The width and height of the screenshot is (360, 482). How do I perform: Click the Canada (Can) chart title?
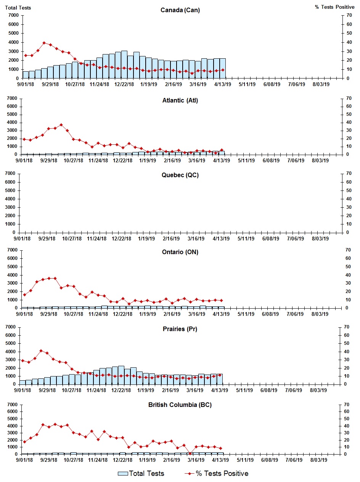[180, 10]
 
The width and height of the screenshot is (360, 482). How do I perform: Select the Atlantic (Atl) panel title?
[180, 101]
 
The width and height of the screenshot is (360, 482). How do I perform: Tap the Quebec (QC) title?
[180, 175]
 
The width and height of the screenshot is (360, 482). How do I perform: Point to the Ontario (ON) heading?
[180, 252]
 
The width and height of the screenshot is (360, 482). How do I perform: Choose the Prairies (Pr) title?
[180, 329]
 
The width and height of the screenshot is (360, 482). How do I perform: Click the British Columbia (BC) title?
[180, 405]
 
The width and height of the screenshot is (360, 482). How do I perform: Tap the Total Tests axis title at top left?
[18, 8]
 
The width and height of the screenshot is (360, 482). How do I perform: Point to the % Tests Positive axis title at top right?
[334, 8]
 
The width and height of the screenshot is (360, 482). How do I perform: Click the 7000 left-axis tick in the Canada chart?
[13, 15]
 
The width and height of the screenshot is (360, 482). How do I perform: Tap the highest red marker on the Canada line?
[44, 43]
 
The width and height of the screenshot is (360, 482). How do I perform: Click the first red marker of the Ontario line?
[24, 295]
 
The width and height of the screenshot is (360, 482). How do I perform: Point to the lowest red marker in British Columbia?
[190, 453]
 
